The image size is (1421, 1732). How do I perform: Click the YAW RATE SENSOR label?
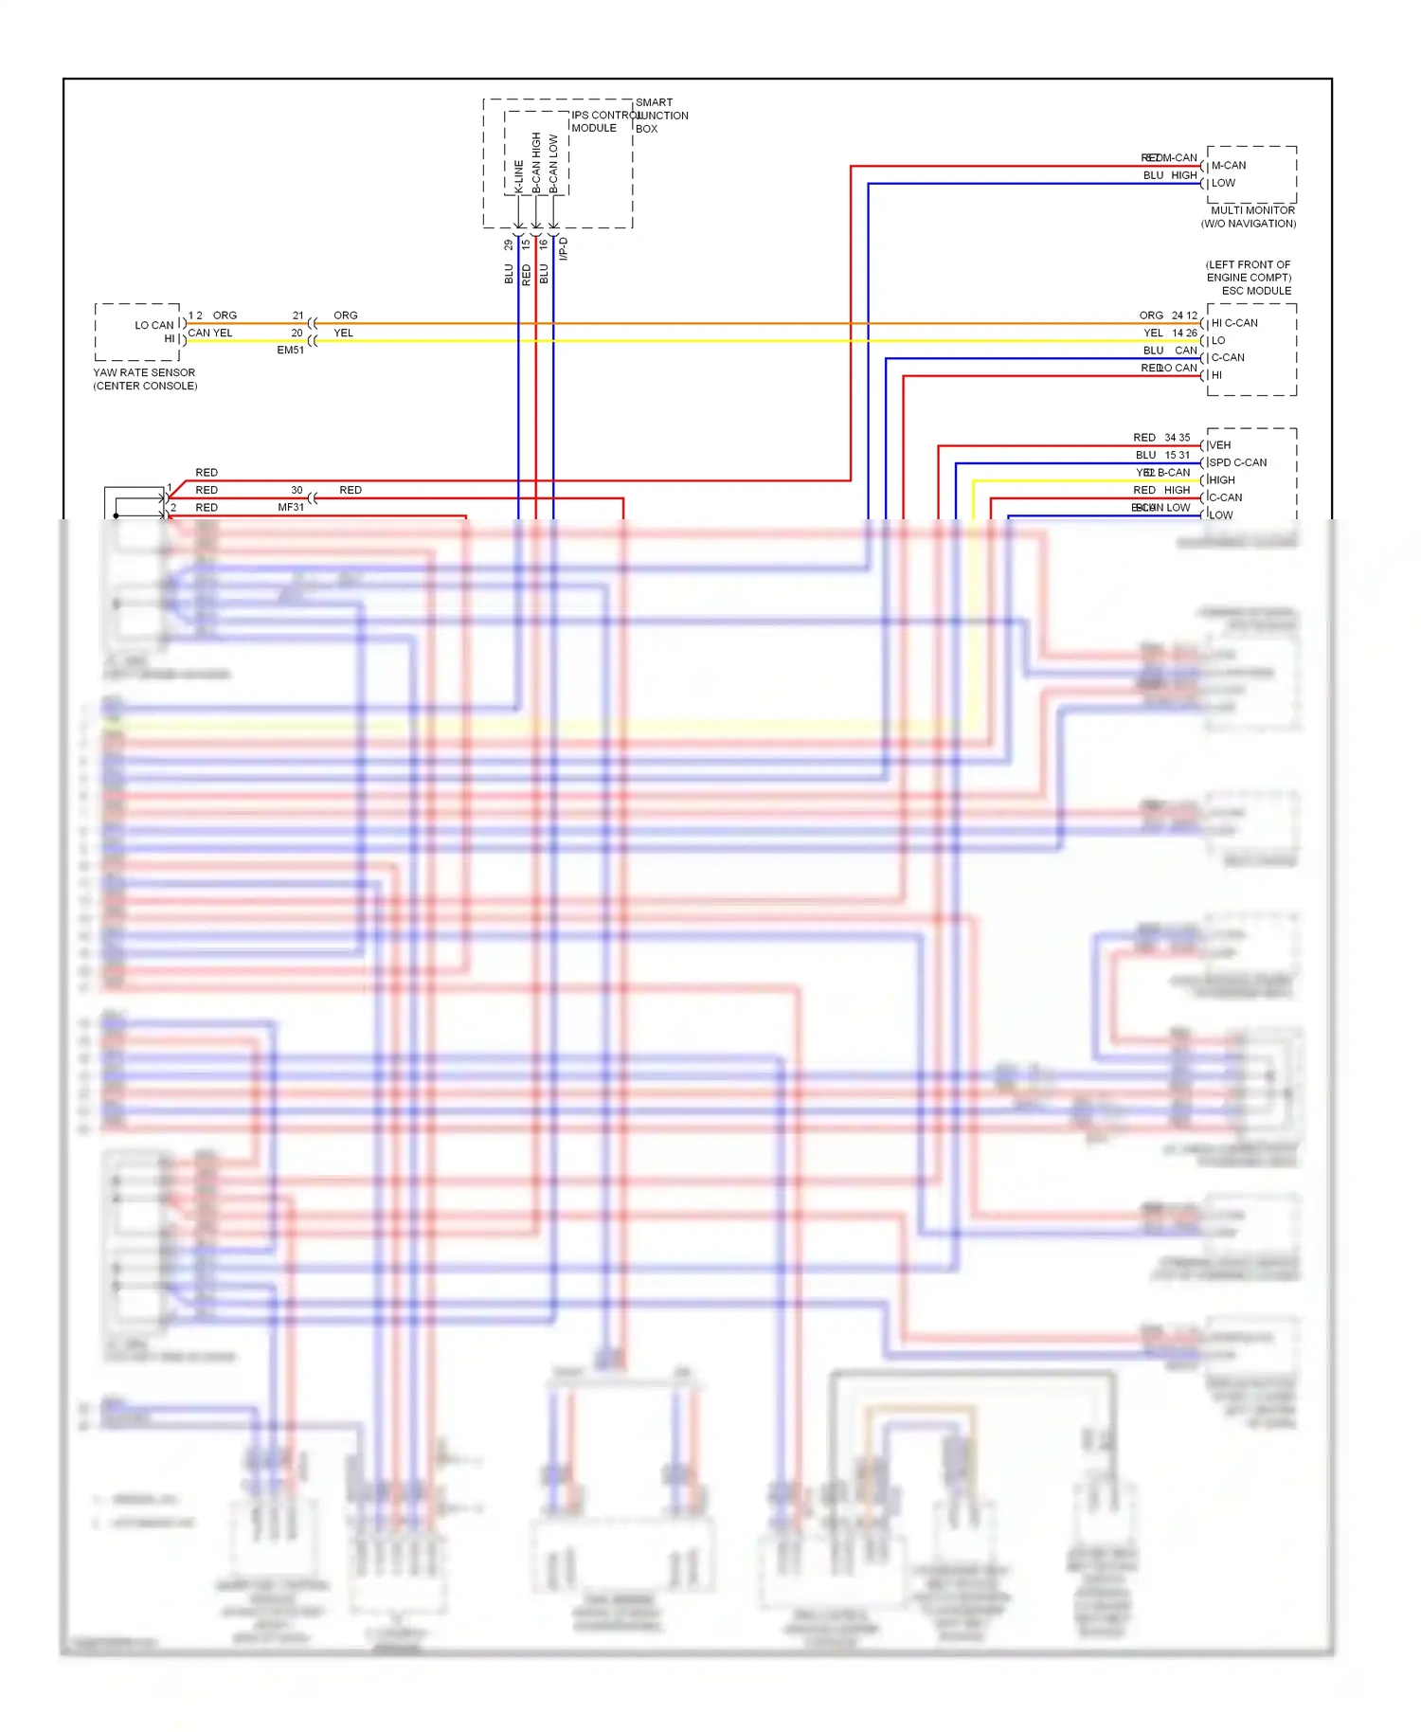pyautogui.click(x=144, y=372)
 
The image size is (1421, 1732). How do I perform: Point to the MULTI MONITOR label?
pyautogui.click(x=1251, y=210)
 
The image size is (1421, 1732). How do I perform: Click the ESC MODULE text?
pyautogui.click(x=1255, y=291)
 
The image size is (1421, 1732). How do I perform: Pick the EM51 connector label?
pyautogui.click(x=290, y=350)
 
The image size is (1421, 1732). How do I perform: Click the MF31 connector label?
pyautogui.click(x=291, y=507)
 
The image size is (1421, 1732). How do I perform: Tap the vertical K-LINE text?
pyautogui.click(x=518, y=176)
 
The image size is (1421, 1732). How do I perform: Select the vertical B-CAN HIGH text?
pyautogui.click(x=536, y=163)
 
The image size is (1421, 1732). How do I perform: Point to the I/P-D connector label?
pyautogui.click(x=563, y=248)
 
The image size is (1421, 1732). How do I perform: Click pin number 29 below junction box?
pyautogui.click(x=508, y=244)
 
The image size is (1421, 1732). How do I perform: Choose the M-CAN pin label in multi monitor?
pyautogui.click(x=1229, y=165)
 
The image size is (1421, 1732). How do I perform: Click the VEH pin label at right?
pyautogui.click(x=1220, y=444)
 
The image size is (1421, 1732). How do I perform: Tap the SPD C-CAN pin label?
pyautogui.click(x=1238, y=462)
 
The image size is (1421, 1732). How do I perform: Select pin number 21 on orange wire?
pyautogui.click(x=297, y=316)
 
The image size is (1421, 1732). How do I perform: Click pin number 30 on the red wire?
pyautogui.click(x=297, y=490)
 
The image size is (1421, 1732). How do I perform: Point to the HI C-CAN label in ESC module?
pyautogui.click(x=1234, y=323)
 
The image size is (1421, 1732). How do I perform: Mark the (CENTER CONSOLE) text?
pyautogui.click(x=145, y=386)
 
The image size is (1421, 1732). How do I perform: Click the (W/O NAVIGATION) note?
pyautogui.click(x=1248, y=224)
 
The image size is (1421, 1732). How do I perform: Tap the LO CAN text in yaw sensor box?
pyautogui.click(x=153, y=325)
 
